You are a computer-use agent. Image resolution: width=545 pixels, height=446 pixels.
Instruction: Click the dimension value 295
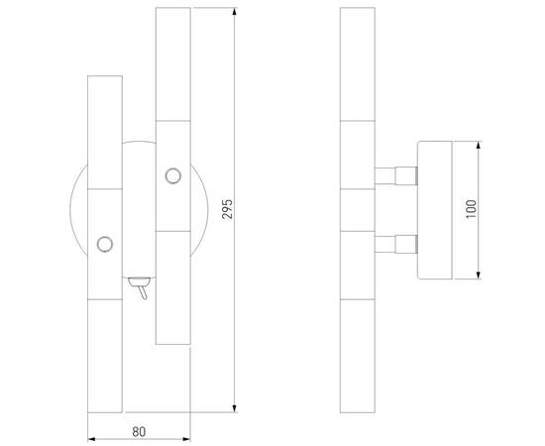tap(227, 209)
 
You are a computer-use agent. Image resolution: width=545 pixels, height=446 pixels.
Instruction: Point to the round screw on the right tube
tap(173, 176)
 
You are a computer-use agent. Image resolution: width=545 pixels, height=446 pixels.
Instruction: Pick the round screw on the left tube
tap(104, 242)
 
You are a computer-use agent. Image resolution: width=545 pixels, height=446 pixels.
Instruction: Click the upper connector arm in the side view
tap(397, 176)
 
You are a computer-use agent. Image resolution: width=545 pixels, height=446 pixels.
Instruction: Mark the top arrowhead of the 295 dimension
tap(234, 13)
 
